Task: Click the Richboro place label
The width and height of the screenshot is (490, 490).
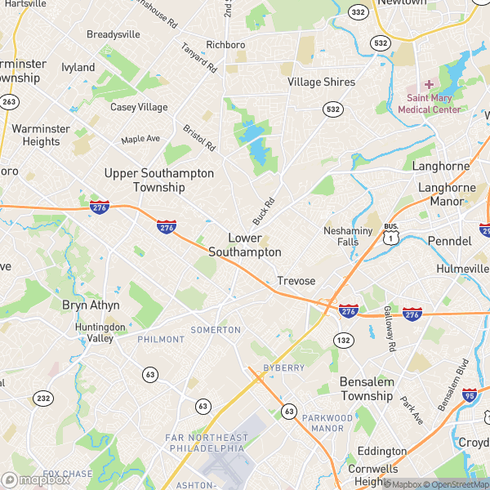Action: coord(225,44)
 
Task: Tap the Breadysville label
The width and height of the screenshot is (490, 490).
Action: coord(114,34)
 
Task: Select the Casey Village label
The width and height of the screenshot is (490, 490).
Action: coord(139,107)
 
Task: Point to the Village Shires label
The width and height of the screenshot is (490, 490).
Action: coord(321,82)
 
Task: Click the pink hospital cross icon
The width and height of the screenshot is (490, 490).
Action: coord(429,85)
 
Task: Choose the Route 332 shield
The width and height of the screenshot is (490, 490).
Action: coord(357,11)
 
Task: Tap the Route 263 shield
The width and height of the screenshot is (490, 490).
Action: coord(10,101)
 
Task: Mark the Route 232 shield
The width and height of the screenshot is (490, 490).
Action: coord(42,397)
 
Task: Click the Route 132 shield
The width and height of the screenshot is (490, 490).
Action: coord(344,340)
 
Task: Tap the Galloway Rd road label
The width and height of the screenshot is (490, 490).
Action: coord(390,330)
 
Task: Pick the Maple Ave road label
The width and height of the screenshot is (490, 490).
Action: coord(140,139)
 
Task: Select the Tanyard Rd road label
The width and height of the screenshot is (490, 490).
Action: coord(198,56)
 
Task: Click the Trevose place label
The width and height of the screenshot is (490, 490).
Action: coord(296,280)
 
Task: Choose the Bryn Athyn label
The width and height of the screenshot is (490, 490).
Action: coord(91,305)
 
